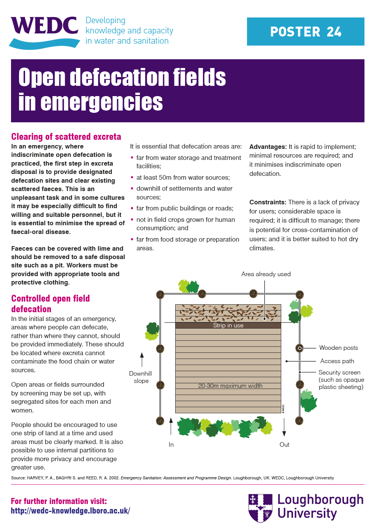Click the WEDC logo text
pos(44,26)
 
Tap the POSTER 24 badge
pos(306,32)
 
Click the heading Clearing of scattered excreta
pos(66,137)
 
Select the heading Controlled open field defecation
pos(50,303)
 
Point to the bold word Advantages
pos(268,147)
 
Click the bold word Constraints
pos(268,202)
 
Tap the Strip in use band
pos(228,326)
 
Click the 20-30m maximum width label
pos(230,386)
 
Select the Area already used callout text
pos(266,274)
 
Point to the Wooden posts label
pos(338,348)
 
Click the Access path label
pos(337,361)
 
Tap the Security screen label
pos(339,373)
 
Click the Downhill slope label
pos(141,377)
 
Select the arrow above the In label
pos(171,426)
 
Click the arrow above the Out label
pos(284,427)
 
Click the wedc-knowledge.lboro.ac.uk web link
pos(70,511)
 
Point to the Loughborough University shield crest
pos(260,508)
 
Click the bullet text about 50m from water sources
pos(183,178)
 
